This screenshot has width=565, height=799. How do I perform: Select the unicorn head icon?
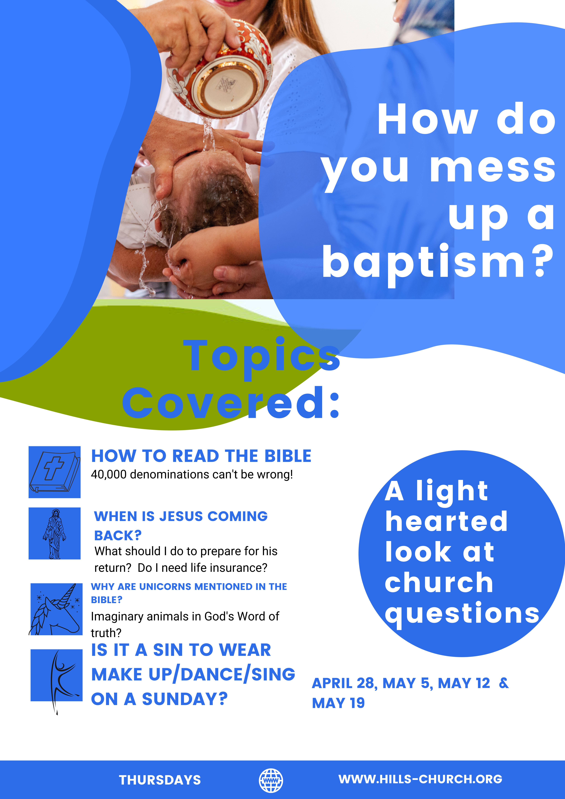[56, 610]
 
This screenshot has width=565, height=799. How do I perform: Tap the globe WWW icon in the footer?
[271, 781]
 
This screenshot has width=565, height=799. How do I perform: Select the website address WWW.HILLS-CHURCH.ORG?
[420, 779]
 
